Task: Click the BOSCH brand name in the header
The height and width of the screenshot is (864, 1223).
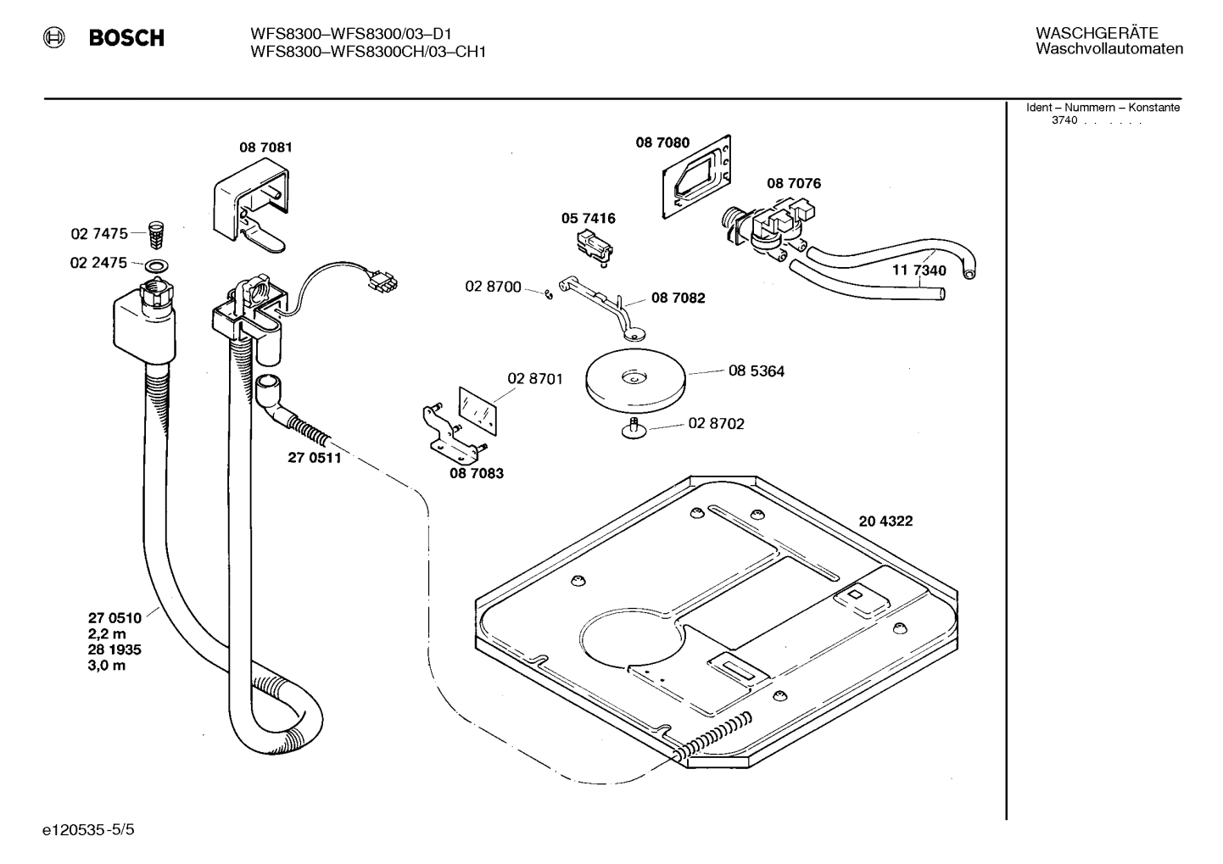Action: (x=126, y=38)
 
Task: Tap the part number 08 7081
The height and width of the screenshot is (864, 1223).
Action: (x=265, y=148)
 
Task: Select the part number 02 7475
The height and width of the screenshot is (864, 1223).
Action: (x=98, y=233)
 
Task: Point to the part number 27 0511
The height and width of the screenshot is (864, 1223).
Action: (x=314, y=459)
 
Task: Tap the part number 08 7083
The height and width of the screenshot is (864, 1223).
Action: (x=476, y=473)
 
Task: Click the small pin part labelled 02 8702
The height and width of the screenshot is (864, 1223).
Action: (x=633, y=428)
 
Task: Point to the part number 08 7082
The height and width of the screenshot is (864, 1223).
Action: (x=678, y=298)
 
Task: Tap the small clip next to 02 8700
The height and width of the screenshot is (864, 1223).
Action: (x=549, y=294)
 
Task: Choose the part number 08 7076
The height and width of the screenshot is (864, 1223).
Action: (x=793, y=183)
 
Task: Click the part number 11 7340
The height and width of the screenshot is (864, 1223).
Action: (x=919, y=271)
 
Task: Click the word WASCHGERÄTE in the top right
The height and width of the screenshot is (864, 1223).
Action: (x=1096, y=33)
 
